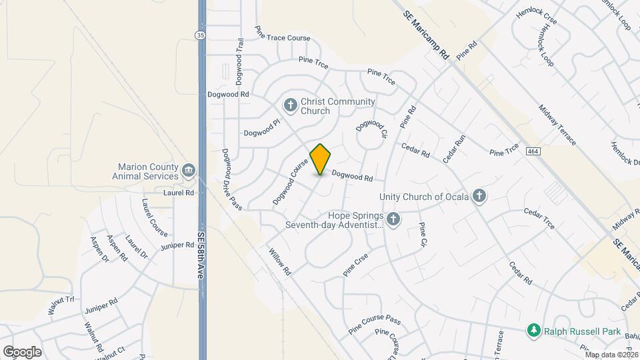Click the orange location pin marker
[321, 159]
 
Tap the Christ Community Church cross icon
[290, 105]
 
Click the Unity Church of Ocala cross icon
[478, 196]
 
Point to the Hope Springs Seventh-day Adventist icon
[393, 219]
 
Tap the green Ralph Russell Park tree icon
[533, 331]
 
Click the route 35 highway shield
[200, 35]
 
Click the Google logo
[21, 351]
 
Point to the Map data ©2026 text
[611, 354]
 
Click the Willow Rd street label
[280, 262]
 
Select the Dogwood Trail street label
[239, 61]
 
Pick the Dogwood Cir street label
[372, 126]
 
